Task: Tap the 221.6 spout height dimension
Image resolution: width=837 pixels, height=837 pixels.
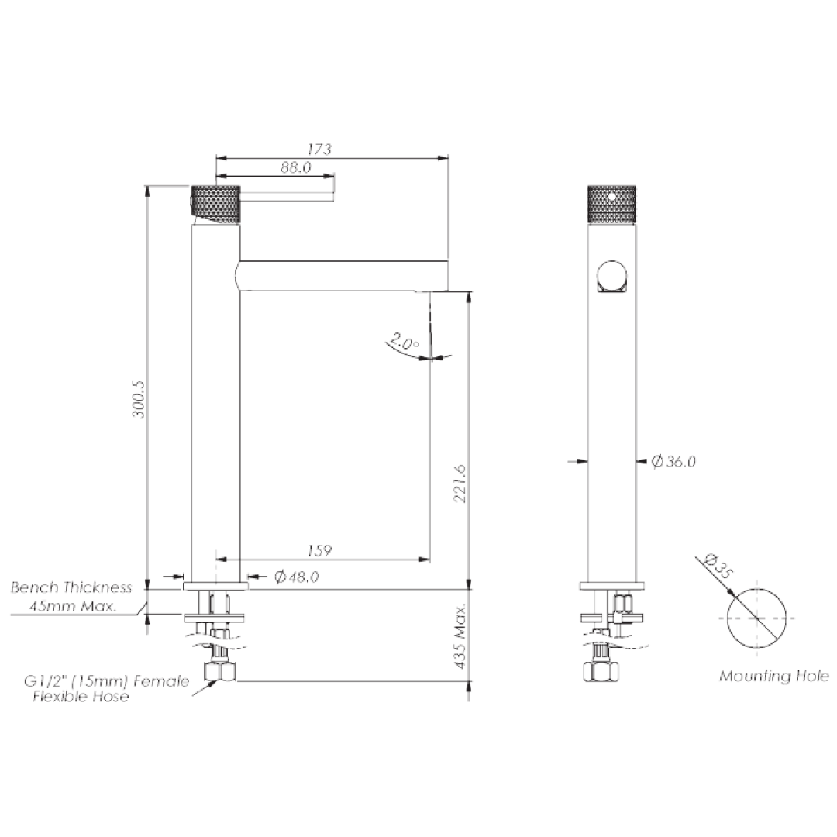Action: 459,484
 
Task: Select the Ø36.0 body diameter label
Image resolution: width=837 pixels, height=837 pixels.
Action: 673,462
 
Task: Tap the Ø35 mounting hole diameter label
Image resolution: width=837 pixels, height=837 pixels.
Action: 719,568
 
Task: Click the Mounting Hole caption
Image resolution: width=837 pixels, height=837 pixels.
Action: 773,676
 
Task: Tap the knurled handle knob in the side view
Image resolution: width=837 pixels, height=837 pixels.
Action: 216,205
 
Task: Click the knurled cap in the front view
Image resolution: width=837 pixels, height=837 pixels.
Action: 611,204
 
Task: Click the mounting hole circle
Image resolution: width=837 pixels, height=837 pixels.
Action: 756,618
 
